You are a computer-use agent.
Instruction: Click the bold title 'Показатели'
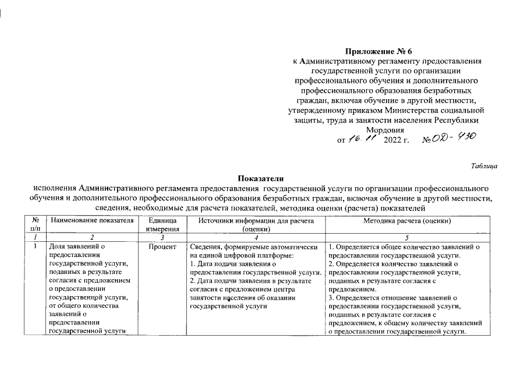[263, 178]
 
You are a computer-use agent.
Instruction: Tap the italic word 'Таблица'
[483, 167]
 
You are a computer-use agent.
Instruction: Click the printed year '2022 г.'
[397, 140]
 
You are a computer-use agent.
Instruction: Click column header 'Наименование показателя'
[92, 220]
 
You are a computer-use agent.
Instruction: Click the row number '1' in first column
[36, 247]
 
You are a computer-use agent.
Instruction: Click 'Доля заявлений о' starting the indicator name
[76, 247]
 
